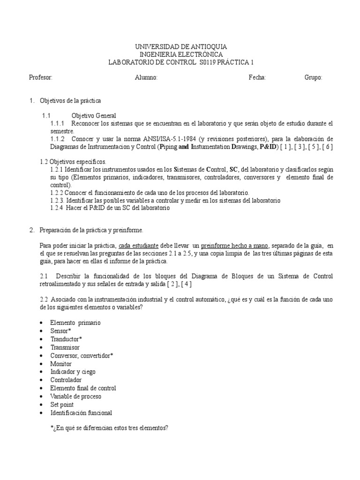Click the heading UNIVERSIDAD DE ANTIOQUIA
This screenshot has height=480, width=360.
coord(181,47)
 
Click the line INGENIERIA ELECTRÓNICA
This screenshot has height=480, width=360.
coord(181,54)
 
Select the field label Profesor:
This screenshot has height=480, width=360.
coord(40,78)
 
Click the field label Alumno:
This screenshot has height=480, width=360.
coord(146,78)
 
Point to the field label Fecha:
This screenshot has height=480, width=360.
coord(257,78)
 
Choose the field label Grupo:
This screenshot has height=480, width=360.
coord(314,78)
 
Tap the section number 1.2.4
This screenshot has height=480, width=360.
coord(57,209)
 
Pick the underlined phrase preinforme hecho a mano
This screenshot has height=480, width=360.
coord(228,245)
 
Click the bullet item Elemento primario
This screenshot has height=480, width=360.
coord(75,323)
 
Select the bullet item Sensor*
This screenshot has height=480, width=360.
coord(61,331)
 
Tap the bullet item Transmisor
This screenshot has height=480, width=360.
coord(65,347)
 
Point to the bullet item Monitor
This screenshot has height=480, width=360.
coord(61,364)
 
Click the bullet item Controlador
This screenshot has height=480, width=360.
coord(66,380)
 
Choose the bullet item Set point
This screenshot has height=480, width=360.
coord(62,405)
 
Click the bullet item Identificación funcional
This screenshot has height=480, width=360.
coord(81,413)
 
